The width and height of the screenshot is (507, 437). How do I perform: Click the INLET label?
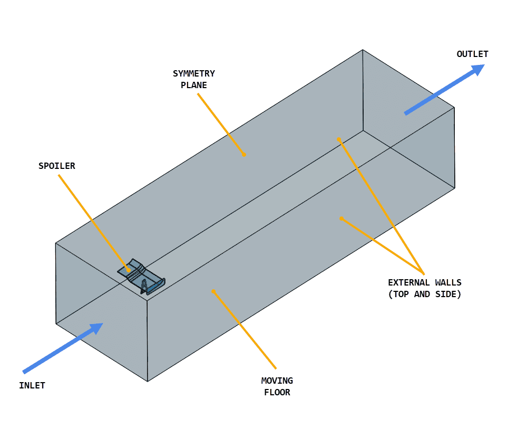[32, 385]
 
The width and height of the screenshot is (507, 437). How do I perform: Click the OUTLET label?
[472, 54]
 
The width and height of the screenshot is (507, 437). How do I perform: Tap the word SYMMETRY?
[194, 73]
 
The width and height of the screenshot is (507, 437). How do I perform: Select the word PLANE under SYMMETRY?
[194, 85]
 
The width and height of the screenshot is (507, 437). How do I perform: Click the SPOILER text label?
[57, 166]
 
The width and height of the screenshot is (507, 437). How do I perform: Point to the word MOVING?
[277, 381]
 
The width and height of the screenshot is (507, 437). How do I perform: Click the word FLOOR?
[277, 392]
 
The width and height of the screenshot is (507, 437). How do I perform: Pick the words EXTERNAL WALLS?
[424, 282]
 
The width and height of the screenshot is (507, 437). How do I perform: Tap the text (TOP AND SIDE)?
[424, 294]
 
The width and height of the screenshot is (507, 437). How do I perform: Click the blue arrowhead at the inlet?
[96, 328]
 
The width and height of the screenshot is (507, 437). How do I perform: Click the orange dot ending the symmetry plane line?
[245, 155]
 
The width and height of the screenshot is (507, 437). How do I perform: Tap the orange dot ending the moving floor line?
[213, 290]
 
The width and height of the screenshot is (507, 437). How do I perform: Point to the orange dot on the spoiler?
[129, 270]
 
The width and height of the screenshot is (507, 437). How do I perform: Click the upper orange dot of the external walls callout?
[339, 139]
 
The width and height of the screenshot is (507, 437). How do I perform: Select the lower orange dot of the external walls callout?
[342, 218]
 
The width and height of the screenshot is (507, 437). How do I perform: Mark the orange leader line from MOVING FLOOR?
[245, 329]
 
